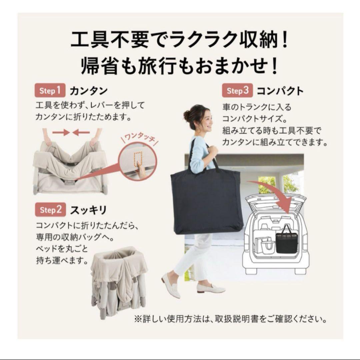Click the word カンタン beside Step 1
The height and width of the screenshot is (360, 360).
(x=89, y=91)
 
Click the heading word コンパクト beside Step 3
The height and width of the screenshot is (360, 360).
(x=281, y=91)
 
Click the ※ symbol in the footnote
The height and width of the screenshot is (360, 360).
(x=138, y=319)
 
